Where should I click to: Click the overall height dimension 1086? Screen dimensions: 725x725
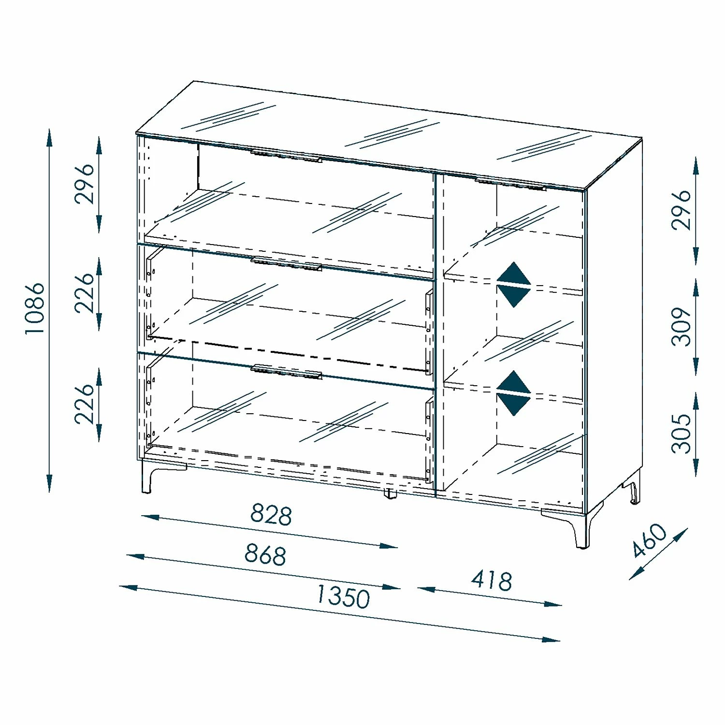point(35,308)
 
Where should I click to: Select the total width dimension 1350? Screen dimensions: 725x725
point(343,596)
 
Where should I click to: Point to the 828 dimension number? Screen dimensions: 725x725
point(271,514)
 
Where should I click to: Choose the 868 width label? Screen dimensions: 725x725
point(265,554)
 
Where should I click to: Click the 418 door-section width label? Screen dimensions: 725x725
point(492,580)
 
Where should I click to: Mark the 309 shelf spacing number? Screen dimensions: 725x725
point(681,327)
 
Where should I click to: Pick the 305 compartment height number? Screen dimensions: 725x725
point(681,433)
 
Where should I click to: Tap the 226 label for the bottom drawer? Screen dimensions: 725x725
point(85,404)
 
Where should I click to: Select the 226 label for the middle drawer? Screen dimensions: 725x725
point(85,293)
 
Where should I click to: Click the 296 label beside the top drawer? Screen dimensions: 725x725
point(85,183)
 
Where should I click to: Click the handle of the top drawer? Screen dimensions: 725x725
point(286,156)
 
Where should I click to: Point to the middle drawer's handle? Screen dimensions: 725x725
point(286,264)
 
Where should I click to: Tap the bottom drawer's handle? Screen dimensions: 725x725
point(286,372)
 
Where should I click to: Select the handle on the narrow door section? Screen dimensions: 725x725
point(510,184)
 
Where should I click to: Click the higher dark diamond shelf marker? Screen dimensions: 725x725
point(514,284)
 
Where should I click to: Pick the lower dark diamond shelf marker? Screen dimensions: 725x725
point(514,393)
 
